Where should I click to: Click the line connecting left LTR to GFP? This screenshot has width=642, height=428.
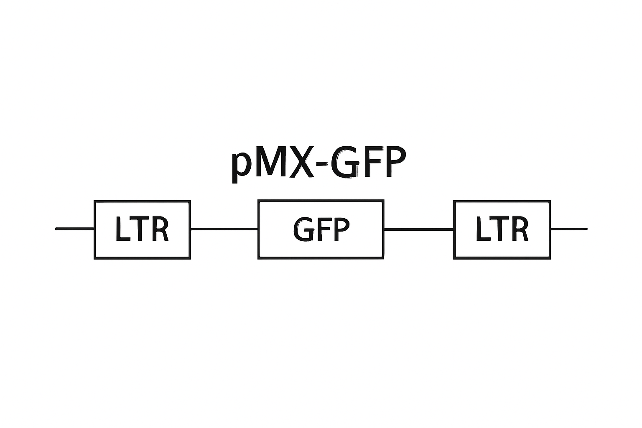click(x=224, y=229)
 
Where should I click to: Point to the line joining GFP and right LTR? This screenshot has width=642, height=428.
click(x=419, y=229)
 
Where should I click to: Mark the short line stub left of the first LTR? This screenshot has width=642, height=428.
click(x=74, y=229)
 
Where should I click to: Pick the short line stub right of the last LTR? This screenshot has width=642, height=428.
click(x=569, y=229)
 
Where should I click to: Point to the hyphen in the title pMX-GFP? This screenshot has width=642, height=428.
click(x=321, y=166)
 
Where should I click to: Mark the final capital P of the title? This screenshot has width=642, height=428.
click(x=396, y=162)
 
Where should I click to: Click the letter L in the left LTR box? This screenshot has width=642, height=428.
click(x=123, y=229)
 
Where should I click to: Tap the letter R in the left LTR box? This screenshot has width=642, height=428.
click(x=160, y=229)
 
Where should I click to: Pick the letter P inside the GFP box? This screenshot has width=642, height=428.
click(x=341, y=229)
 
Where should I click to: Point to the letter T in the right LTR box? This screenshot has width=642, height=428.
click(x=500, y=229)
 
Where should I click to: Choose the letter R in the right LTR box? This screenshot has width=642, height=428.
click(x=520, y=229)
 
